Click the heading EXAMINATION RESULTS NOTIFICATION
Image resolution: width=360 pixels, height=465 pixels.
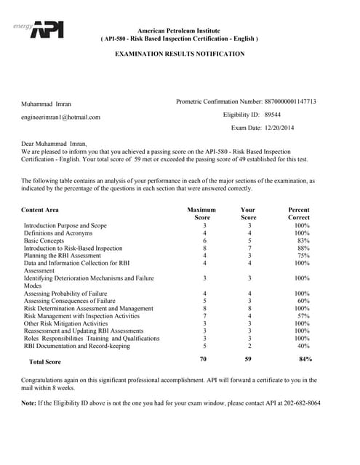coord(180,54)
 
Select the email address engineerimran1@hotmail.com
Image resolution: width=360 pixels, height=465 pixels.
coord(61,116)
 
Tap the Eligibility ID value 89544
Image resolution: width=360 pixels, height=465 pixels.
coord(273,115)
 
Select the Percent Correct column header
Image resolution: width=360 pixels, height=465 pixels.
coord(298,214)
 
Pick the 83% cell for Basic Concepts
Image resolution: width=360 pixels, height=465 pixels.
coord(303,240)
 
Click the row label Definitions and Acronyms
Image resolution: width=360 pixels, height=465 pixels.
coord(63,233)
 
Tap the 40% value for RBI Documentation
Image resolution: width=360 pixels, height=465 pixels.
coord(303,346)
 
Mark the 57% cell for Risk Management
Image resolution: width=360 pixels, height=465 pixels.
coord(303,316)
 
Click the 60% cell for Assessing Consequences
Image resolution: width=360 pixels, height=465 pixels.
coord(303,301)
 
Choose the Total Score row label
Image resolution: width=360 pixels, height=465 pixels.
coord(44,361)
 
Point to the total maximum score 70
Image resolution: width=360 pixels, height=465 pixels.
coord(204,359)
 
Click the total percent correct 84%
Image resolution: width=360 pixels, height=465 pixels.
coord(305,359)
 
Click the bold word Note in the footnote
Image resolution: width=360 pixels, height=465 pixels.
coord(29,403)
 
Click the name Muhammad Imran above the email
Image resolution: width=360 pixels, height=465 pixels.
coord(47,104)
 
